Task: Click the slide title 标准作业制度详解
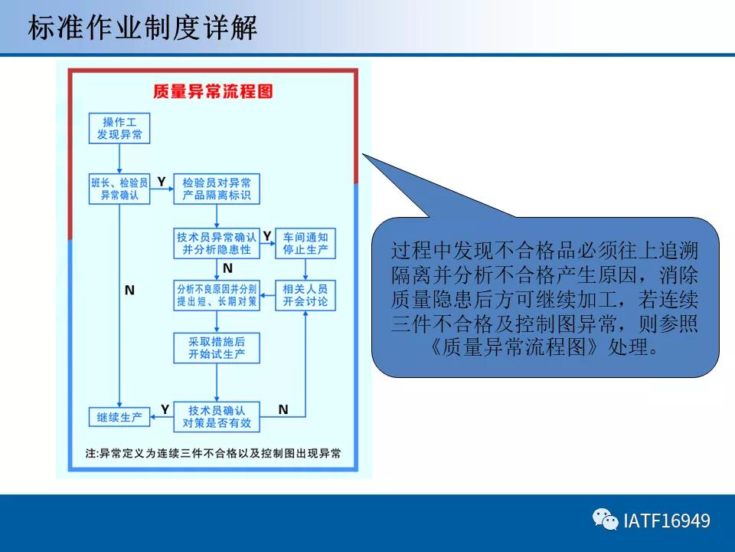point(142,28)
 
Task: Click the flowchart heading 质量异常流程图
point(213,91)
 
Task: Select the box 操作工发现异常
point(119,128)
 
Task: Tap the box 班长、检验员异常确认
point(119,189)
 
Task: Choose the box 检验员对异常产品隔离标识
point(216,189)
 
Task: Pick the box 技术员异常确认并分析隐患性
point(217,243)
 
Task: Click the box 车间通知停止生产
point(305,243)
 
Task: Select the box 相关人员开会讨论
point(305,295)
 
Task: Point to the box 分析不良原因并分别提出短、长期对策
point(217,295)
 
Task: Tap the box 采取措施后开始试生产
point(217,348)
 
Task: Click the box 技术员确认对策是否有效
point(217,416)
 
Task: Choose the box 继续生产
point(119,417)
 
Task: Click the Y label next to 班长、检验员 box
point(161,182)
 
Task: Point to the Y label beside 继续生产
point(164,409)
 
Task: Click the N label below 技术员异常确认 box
point(227,268)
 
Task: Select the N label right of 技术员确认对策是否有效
point(283,409)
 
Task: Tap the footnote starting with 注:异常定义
point(214,453)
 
